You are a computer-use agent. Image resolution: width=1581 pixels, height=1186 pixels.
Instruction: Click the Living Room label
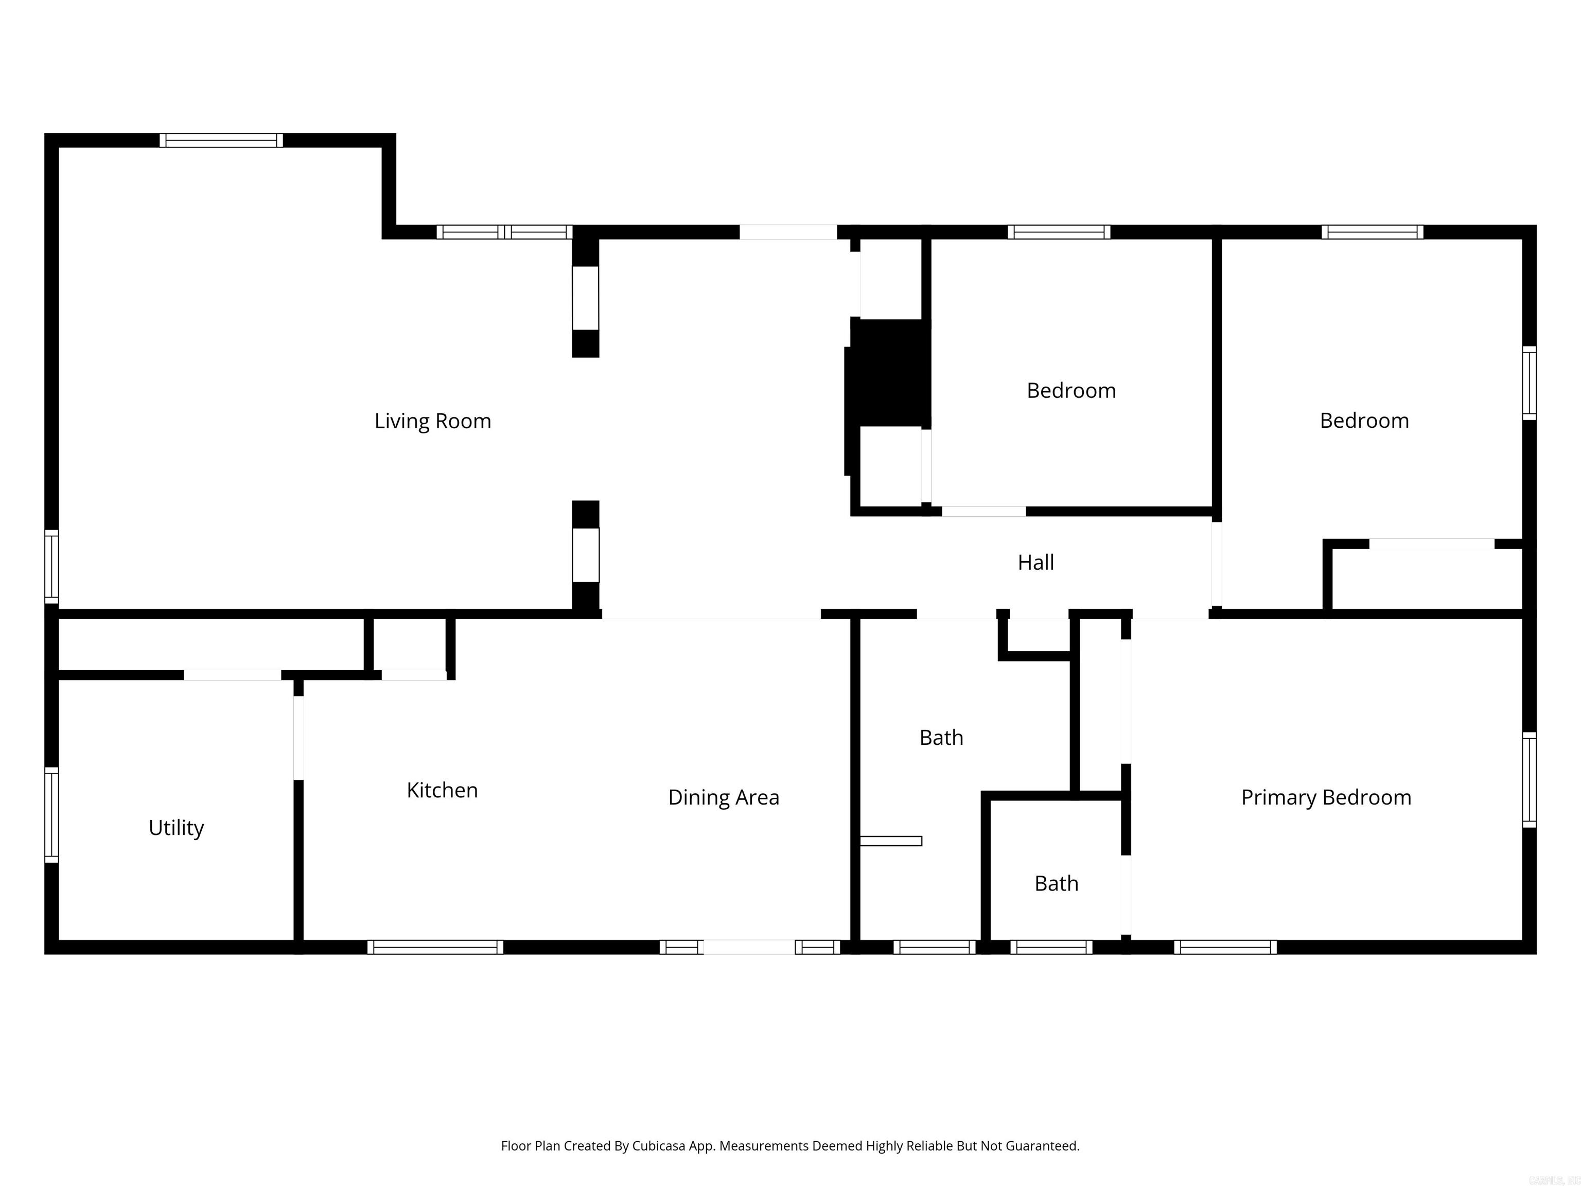pos(432,421)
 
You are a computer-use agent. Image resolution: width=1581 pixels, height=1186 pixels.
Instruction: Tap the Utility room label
pos(176,827)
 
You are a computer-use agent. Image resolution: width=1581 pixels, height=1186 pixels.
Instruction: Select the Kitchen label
pos(442,790)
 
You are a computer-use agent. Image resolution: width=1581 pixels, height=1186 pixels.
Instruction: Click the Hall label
pos(1035,563)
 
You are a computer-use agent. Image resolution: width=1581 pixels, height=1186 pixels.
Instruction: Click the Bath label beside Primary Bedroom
pos(1057,884)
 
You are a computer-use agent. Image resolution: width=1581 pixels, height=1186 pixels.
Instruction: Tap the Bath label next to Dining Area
pos(941,737)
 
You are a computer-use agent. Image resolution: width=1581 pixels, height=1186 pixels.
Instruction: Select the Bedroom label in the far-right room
pos(1364,421)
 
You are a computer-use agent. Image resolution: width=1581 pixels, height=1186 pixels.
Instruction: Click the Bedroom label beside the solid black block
pos(1070,390)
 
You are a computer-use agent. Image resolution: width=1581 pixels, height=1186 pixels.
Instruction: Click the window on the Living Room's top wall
pos(221,140)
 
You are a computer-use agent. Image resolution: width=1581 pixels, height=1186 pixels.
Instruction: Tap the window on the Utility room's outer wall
pos(51,814)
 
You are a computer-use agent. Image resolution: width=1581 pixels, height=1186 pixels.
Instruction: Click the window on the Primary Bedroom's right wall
pos(1529,779)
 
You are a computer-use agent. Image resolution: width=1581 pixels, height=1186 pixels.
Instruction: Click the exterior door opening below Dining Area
pos(748,947)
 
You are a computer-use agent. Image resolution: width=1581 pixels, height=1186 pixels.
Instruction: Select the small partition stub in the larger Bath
pos(890,841)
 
